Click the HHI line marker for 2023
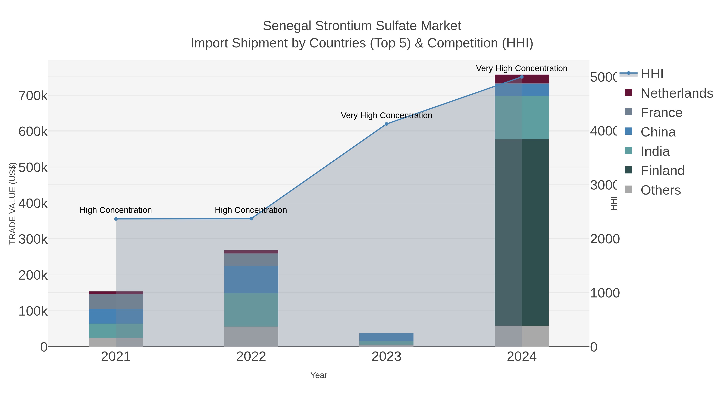tap(386, 124)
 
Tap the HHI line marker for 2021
tap(116, 219)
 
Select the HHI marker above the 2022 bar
tap(251, 218)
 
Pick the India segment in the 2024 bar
tap(522, 117)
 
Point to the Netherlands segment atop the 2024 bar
tap(522, 79)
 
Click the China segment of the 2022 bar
tap(251, 280)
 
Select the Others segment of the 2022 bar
tap(251, 336)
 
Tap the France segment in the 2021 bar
tap(116, 301)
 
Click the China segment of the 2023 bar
tap(386, 337)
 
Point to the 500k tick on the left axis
tap(33, 167)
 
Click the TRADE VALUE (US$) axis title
tap(12, 203)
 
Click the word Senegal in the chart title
tap(287, 26)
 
